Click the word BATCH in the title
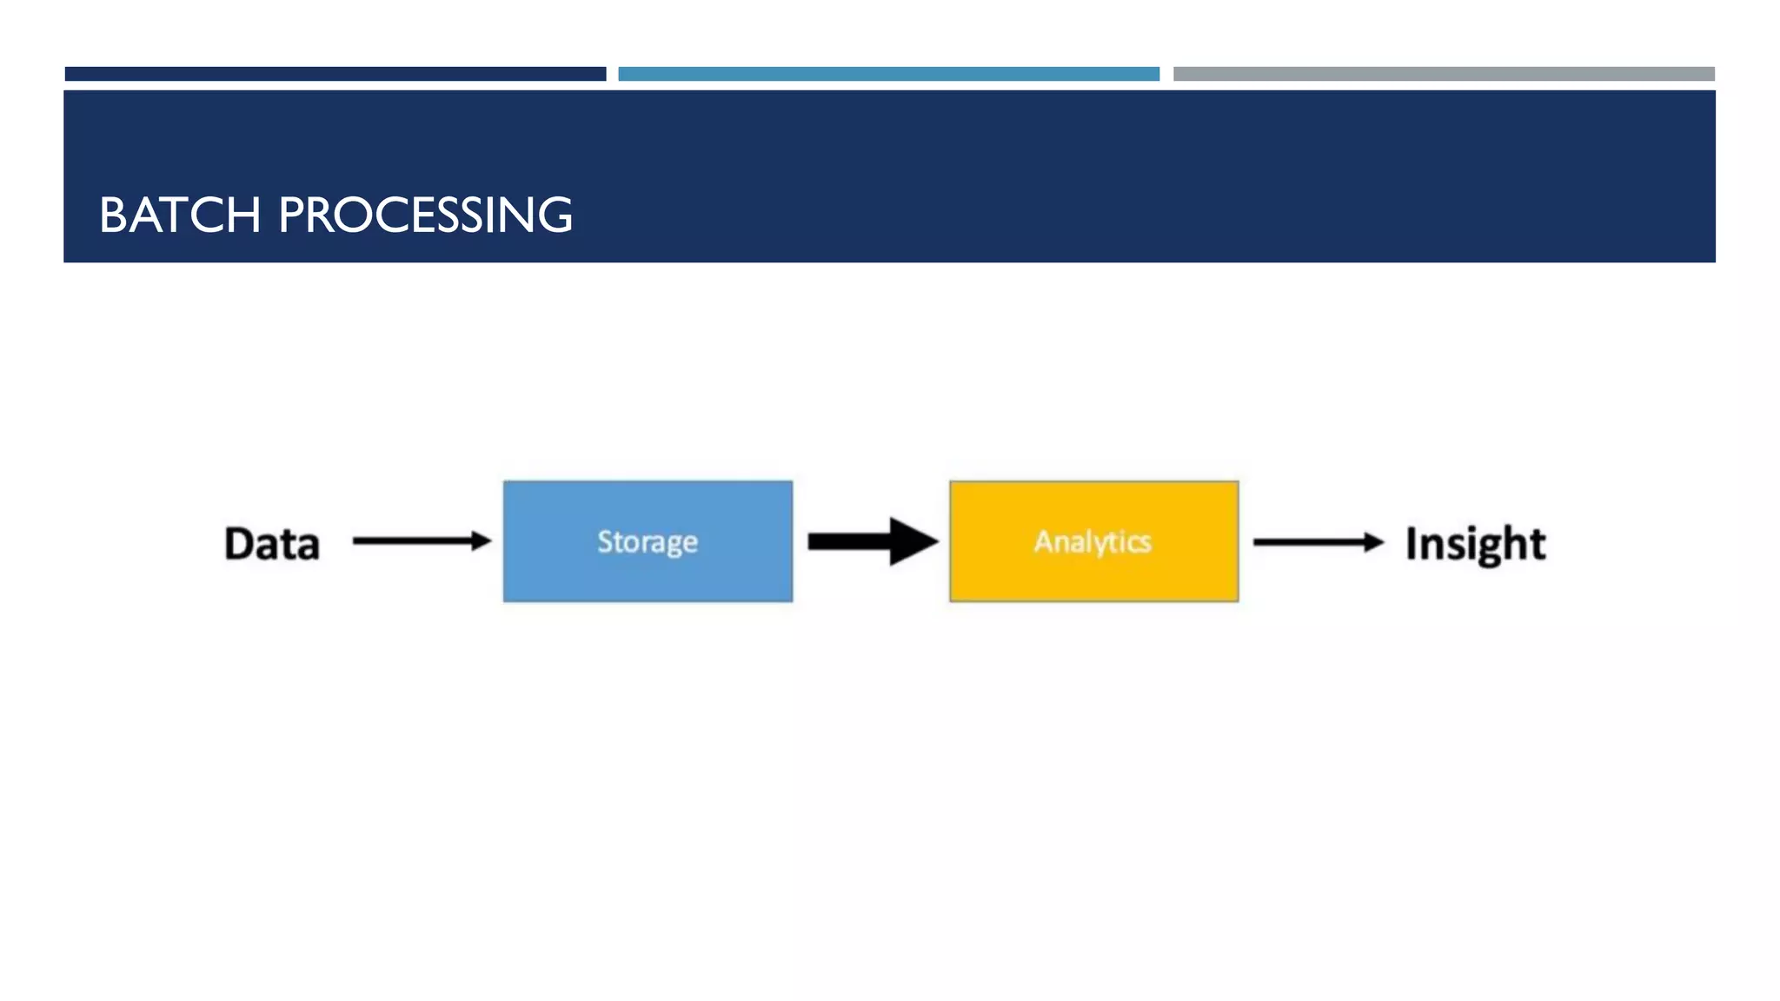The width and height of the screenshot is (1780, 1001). [x=180, y=215]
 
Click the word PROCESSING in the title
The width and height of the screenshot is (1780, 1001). [x=425, y=215]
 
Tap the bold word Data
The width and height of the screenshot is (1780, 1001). [x=272, y=544]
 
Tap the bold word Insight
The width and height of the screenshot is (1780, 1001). [x=1475, y=544]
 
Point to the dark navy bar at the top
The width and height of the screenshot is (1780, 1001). [x=335, y=74]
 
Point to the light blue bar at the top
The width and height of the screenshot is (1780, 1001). [x=888, y=74]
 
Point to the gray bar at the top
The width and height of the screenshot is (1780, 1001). [x=1443, y=74]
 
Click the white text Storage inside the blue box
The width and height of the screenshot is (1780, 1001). [x=648, y=541]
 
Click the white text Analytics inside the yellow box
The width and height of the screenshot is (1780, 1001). [x=1093, y=541]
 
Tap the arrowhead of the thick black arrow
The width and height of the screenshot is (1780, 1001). [x=913, y=541]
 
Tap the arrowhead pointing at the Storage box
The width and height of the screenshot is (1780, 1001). [x=481, y=540]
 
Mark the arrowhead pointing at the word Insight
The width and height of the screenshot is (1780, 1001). [x=1373, y=542]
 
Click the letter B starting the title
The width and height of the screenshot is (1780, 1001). [x=113, y=215]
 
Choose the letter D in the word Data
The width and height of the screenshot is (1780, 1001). [x=240, y=544]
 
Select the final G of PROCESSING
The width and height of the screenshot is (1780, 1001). [x=553, y=215]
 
